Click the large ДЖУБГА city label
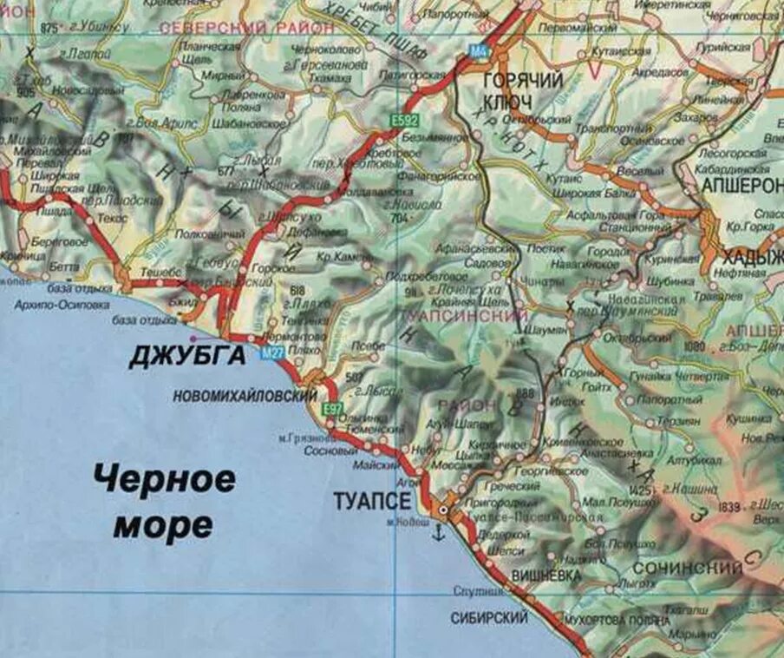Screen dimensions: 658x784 [x=187, y=356]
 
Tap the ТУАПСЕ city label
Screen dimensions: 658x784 [x=372, y=502]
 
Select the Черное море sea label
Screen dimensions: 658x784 [x=164, y=501]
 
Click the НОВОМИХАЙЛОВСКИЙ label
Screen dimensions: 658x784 [x=245, y=396]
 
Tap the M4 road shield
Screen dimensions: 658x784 [x=478, y=51]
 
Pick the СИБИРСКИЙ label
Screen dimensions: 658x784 [x=488, y=618]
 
